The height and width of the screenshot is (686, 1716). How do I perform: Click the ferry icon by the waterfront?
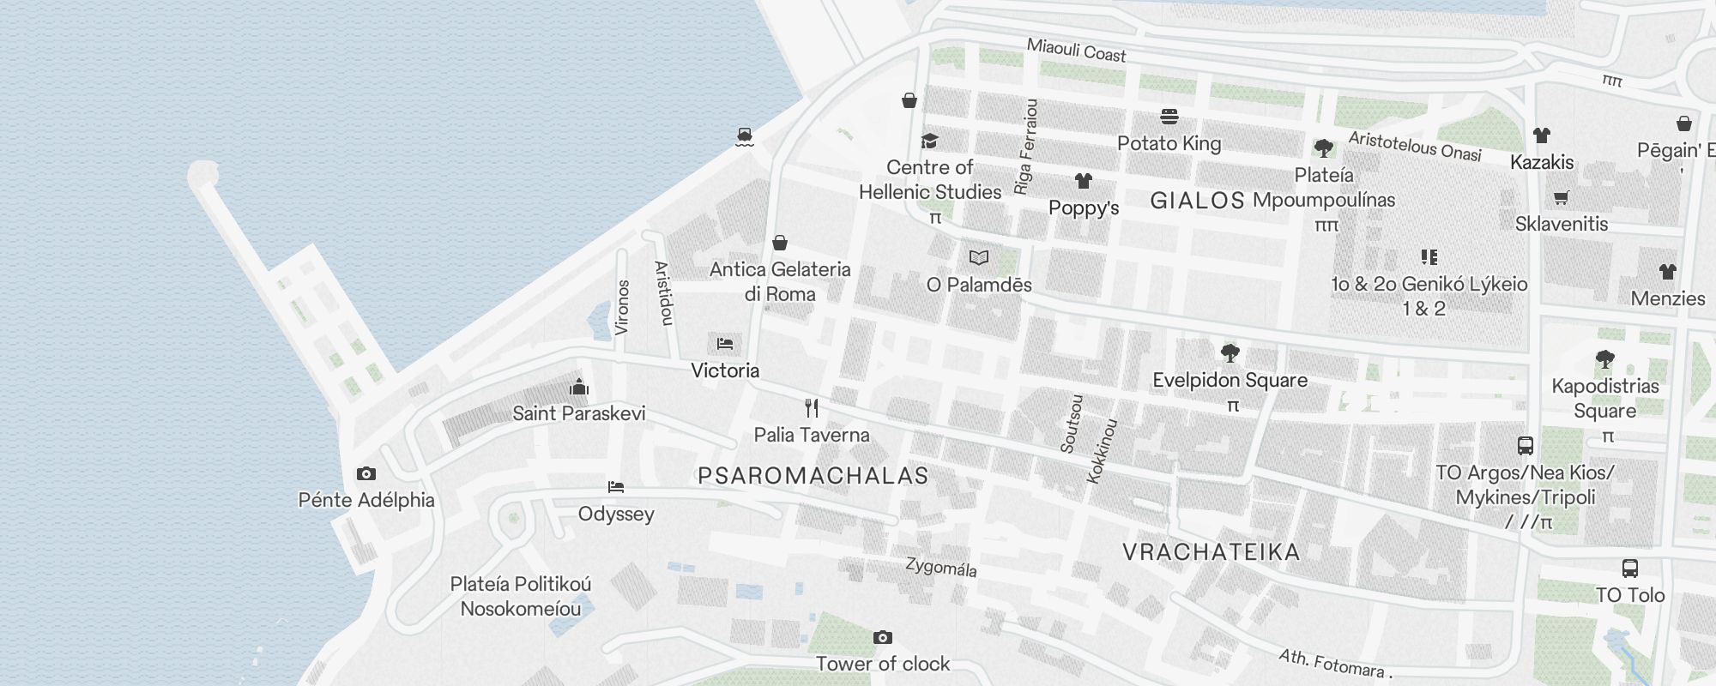tap(745, 136)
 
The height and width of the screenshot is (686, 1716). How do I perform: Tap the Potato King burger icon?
tap(1169, 116)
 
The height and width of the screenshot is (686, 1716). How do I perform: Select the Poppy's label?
tap(1084, 208)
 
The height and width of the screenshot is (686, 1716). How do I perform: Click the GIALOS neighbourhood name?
tap(1197, 201)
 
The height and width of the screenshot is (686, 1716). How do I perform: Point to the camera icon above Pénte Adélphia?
tap(366, 473)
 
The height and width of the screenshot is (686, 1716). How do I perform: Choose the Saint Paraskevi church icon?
tap(579, 387)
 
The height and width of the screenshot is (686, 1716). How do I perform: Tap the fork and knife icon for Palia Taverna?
tap(812, 408)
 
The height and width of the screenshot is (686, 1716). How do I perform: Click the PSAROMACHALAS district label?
tap(813, 476)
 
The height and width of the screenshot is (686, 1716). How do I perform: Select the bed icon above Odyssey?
tap(616, 487)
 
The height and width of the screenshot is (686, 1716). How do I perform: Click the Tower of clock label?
tap(883, 664)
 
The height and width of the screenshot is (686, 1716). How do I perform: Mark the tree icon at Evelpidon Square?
tap(1230, 352)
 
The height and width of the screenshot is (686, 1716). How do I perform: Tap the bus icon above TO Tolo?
tap(1629, 568)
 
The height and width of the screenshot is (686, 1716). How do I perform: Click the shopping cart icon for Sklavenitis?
tap(1561, 198)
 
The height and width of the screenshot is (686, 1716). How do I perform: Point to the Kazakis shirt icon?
tap(1542, 135)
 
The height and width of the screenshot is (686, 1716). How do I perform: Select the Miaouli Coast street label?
tap(1076, 51)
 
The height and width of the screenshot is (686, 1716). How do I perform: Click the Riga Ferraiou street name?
tap(1026, 146)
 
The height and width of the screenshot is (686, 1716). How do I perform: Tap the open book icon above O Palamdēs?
tap(979, 257)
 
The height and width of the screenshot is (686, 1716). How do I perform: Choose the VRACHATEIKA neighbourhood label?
tap(1211, 552)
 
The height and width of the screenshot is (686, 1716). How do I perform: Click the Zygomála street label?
tap(941, 567)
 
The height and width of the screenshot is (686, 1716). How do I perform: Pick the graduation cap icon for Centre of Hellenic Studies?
tap(929, 141)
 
